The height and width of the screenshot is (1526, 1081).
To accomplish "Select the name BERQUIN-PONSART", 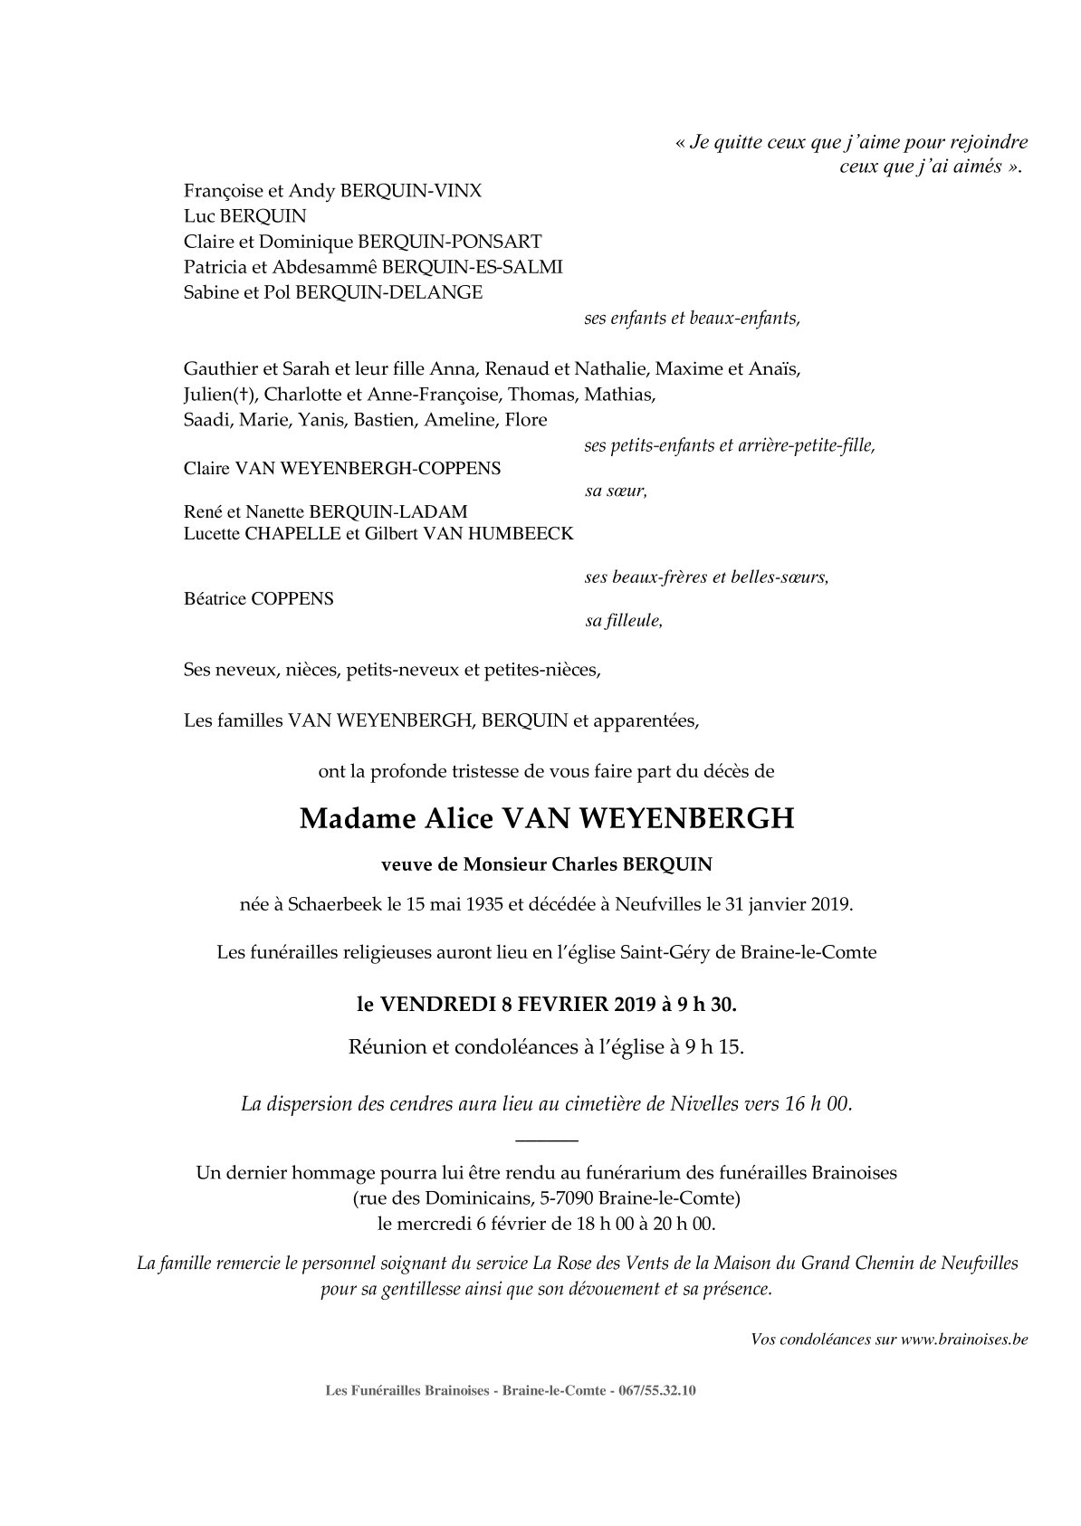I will pos(450,242).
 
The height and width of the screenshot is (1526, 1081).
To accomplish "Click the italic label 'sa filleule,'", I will pos(623,622).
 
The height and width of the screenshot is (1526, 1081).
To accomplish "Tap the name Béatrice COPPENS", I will pos(259,599).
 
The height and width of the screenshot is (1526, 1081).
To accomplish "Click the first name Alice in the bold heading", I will pos(458,818).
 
